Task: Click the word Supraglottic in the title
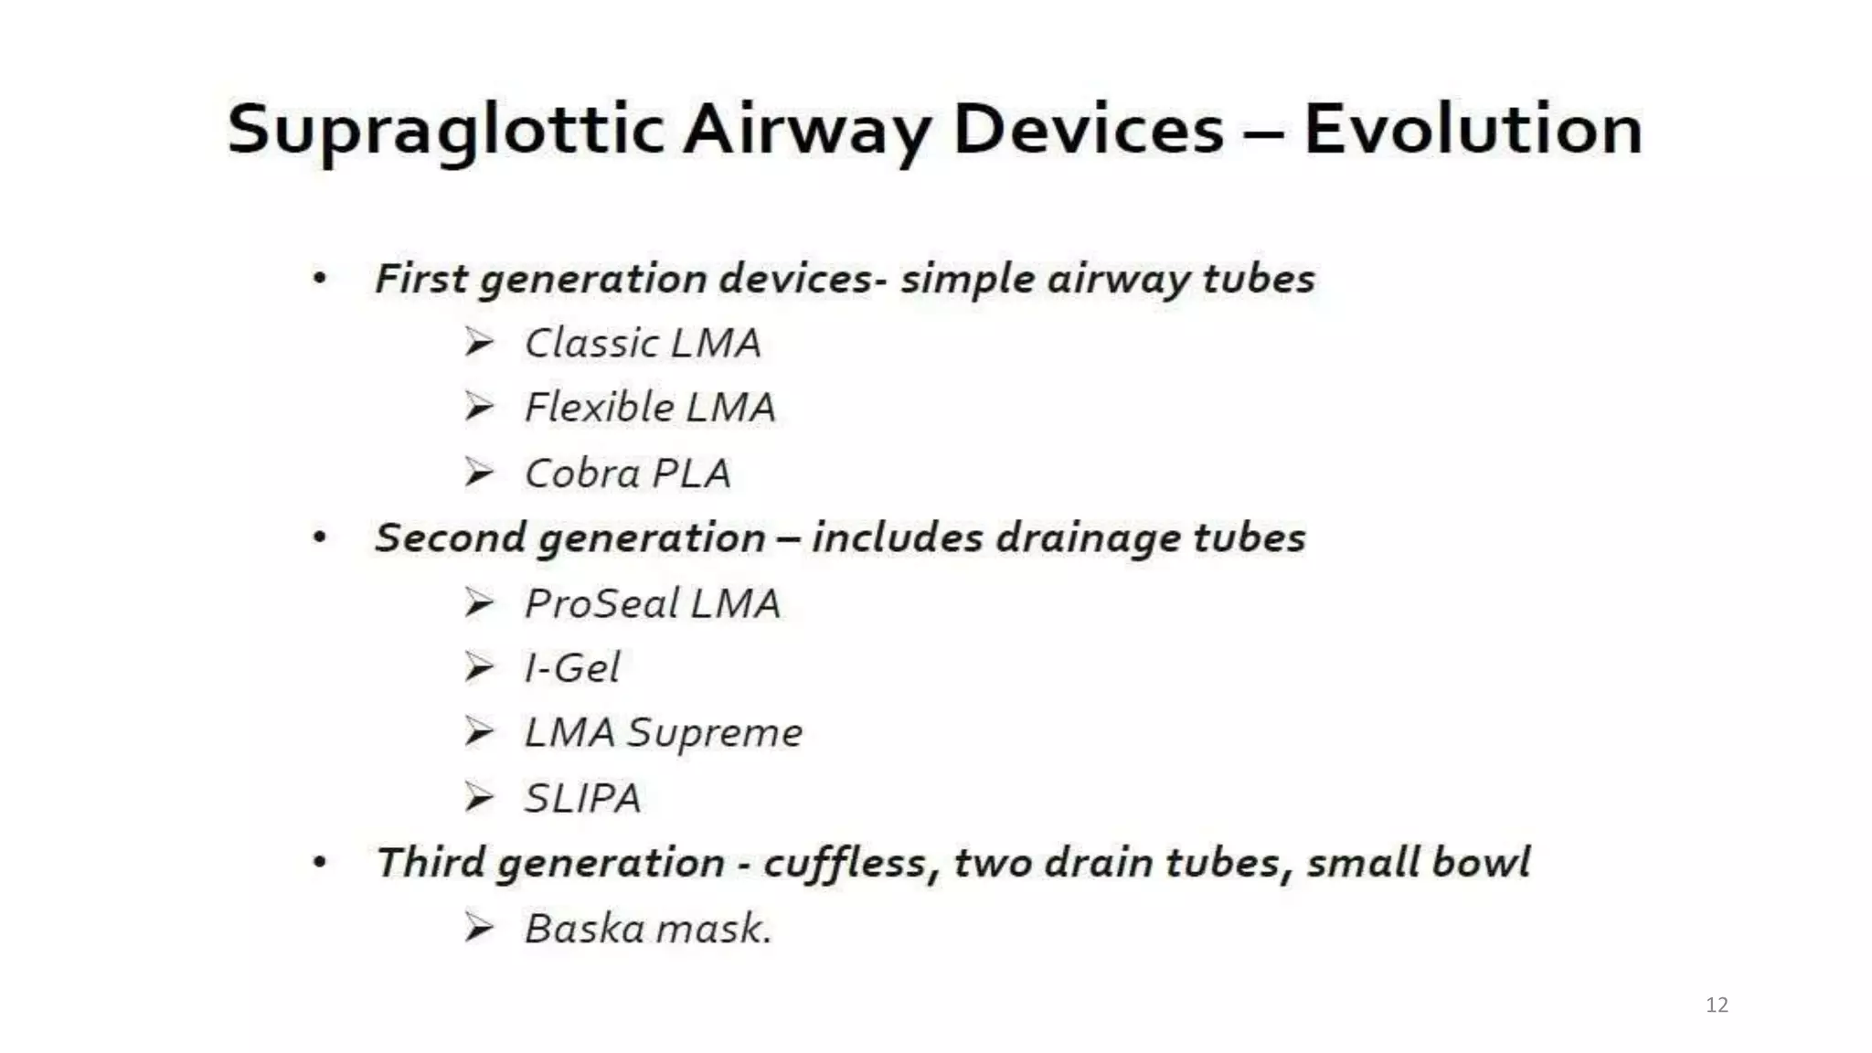[x=445, y=130]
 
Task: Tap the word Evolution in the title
[x=1473, y=130]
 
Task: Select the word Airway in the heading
[x=805, y=130]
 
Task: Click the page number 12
[x=1717, y=1005]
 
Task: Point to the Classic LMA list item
[x=642, y=344]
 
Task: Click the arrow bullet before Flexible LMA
[x=479, y=406]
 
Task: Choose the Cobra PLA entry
[x=627, y=473]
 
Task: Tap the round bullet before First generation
[x=319, y=278]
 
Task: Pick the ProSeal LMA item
[x=652, y=603]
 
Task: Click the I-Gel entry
[x=572, y=668]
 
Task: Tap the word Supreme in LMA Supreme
[x=714, y=733]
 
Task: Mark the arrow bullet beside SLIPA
[x=479, y=797]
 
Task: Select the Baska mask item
[x=648, y=929]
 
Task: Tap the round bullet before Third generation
[x=319, y=862]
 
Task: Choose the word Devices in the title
[x=1088, y=130]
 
